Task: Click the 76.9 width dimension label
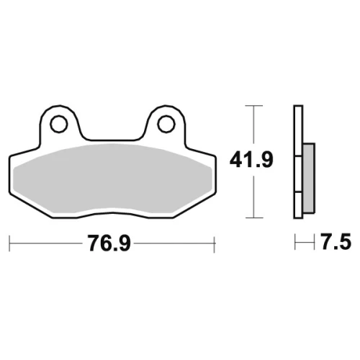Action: point(109,243)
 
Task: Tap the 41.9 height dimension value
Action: point(251,160)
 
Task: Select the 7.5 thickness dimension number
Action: point(336,242)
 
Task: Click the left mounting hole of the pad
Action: point(58,124)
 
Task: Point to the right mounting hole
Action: point(166,124)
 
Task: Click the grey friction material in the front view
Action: point(113,179)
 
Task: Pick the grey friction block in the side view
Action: point(309,178)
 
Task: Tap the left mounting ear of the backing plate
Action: point(59,125)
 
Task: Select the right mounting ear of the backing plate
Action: point(166,125)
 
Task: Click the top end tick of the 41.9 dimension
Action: point(254,105)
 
